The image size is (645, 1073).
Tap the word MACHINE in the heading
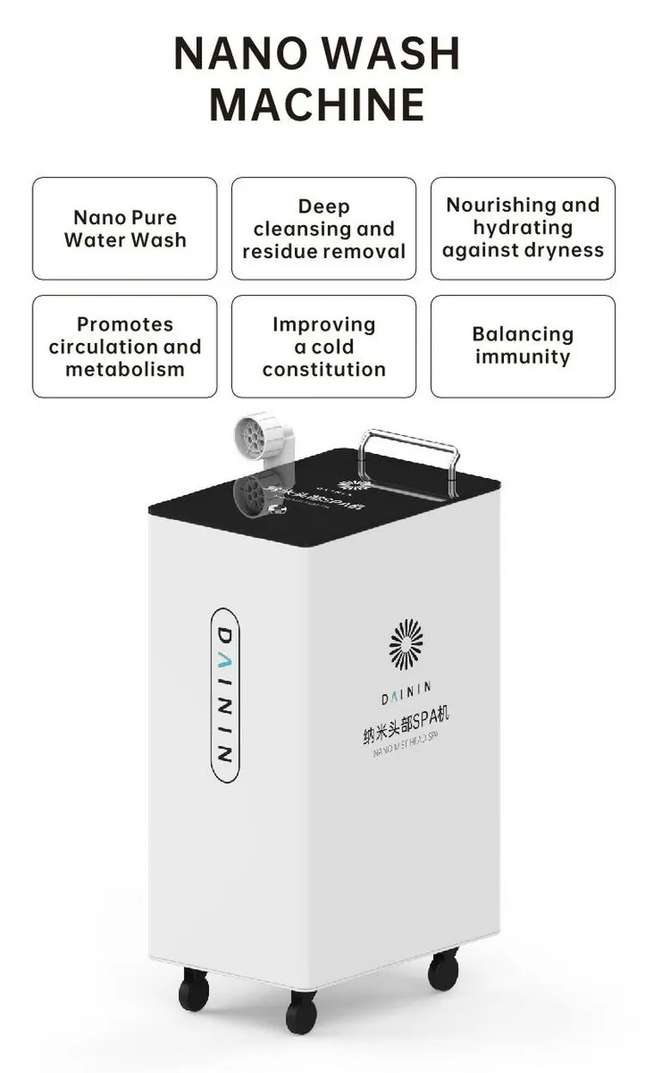click(317, 104)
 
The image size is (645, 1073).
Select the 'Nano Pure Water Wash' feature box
click(125, 229)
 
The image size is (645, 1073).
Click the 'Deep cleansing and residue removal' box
click(323, 229)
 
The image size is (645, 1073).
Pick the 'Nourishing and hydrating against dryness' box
click(523, 229)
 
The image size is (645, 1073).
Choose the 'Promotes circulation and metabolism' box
click(125, 346)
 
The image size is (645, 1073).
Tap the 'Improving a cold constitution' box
click(323, 346)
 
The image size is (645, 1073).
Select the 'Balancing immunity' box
click(523, 346)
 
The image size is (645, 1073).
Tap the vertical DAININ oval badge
click(224, 695)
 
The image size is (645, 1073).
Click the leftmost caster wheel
click(193, 991)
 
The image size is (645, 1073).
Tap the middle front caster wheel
click(301, 1013)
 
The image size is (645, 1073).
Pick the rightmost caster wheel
click(444, 970)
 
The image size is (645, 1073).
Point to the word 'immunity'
click(523, 357)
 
